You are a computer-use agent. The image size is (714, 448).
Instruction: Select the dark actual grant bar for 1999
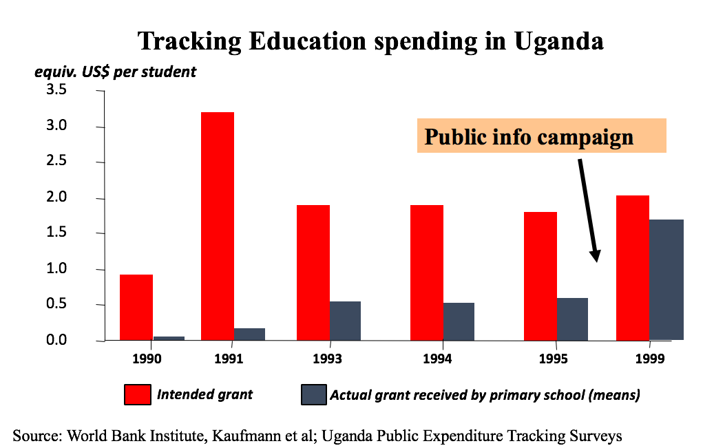coord(666,279)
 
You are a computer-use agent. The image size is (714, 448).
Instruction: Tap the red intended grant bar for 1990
coord(136,307)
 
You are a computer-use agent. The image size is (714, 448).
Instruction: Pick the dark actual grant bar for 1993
coord(345,321)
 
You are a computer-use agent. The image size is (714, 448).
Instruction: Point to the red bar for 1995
coord(540,276)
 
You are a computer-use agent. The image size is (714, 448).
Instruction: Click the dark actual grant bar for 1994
coord(459,321)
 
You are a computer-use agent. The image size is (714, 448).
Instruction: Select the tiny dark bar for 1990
coord(169,338)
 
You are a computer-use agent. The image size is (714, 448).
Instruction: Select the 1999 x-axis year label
coord(649,359)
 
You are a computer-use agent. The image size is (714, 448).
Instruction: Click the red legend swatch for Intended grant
coord(137,395)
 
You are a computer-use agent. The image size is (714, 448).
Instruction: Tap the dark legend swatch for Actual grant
coord(313,395)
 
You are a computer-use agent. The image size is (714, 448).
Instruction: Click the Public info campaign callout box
coord(541,136)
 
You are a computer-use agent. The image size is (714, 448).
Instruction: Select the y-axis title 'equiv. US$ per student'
coord(116,72)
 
